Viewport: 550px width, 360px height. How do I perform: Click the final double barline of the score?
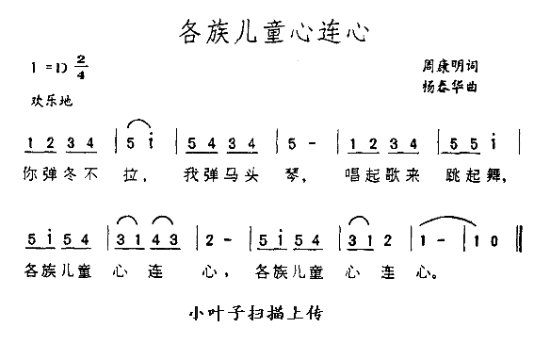coord(521,241)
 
